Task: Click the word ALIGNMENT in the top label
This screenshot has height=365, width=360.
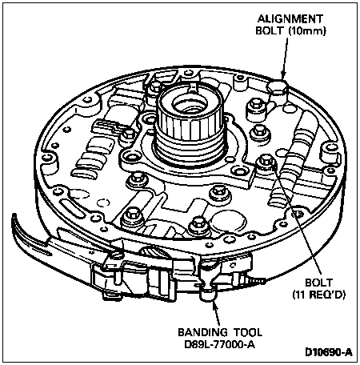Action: (290, 18)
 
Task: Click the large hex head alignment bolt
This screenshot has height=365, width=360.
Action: (278, 87)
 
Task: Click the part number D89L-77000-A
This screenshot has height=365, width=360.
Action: (220, 344)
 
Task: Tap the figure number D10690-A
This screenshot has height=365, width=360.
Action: (329, 352)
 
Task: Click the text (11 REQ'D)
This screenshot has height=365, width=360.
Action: (319, 295)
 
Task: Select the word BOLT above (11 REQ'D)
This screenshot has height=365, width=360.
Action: (319, 283)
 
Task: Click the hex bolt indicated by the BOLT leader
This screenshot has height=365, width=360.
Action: (266, 161)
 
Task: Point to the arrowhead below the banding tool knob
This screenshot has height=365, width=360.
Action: (216, 306)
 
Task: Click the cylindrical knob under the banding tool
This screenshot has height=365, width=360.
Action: (209, 295)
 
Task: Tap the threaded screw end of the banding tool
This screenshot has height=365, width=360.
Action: (257, 281)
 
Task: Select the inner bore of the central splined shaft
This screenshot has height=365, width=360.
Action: (189, 104)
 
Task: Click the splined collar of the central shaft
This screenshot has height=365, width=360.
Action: (188, 118)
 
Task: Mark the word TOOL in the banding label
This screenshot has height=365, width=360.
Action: (248, 332)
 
